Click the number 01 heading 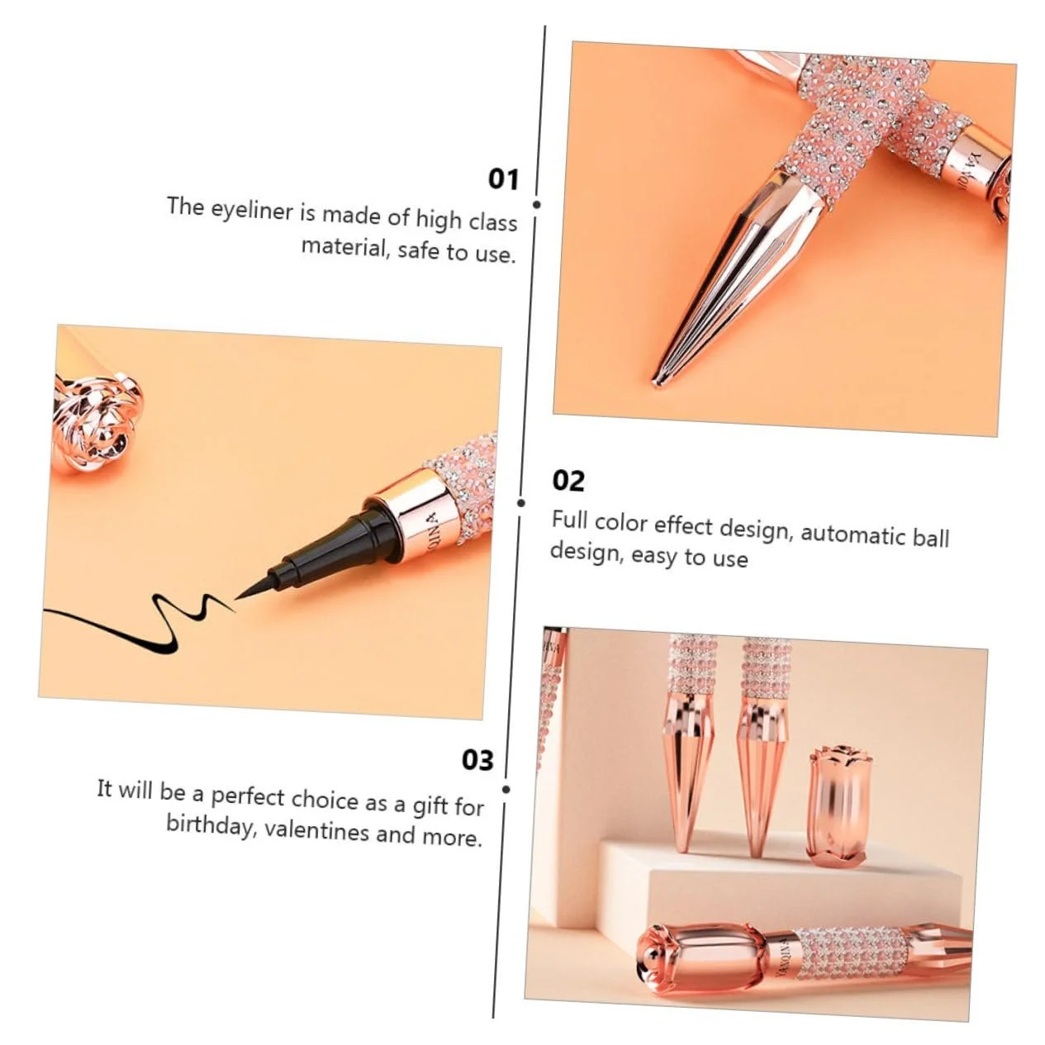[x=503, y=179]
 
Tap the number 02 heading [x=568, y=481]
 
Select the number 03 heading [x=477, y=760]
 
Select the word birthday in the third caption [x=211, y=825]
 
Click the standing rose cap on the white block [x=838, y=805]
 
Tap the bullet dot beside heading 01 [x=537, y=204]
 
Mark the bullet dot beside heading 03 [x=506, y=790]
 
